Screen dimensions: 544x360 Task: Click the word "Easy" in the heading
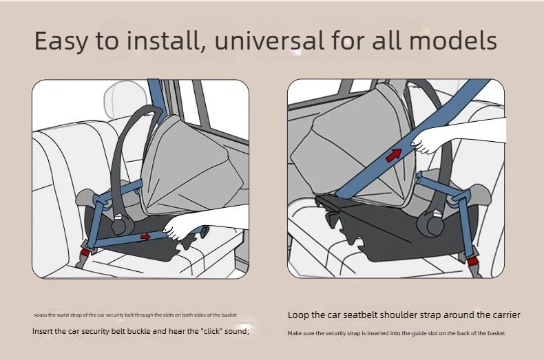click(61, 41)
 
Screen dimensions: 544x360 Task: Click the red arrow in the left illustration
click(145, 237)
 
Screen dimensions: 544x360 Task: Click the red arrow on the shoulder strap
click(394, 155)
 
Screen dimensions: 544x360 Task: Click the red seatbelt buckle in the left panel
click(85, 251)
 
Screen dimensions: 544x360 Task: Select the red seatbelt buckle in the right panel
click(472, 261)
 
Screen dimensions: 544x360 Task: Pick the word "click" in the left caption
click(211, 331)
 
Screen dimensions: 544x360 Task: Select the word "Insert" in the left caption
click(42, 331)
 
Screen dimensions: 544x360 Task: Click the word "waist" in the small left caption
click(63, 315)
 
